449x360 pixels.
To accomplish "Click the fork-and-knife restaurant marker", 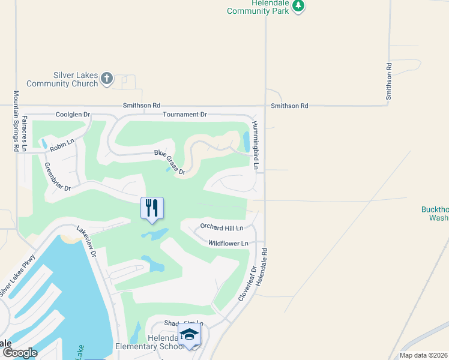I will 152,208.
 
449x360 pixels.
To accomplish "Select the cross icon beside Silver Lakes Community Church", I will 107,77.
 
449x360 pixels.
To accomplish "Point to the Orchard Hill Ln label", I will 221,227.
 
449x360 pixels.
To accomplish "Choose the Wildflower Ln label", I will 228,243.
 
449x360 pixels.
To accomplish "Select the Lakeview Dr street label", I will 86,241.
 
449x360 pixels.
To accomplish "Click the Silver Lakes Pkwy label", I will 18,275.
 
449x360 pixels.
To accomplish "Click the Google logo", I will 19,352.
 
